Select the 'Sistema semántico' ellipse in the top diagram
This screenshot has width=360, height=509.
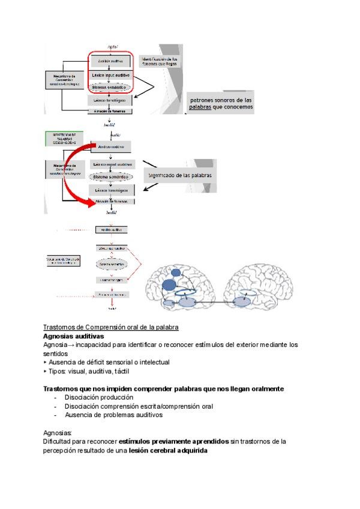click(112, 88)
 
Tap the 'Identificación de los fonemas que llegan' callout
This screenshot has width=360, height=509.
click(158, 61)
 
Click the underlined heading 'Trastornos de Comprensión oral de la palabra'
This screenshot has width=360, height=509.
click(111, 327)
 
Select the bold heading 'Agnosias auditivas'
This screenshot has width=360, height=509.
click(73, 336)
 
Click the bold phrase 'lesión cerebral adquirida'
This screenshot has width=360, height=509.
click(169, 450)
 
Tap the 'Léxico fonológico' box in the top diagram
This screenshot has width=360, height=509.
click(113, 101)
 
